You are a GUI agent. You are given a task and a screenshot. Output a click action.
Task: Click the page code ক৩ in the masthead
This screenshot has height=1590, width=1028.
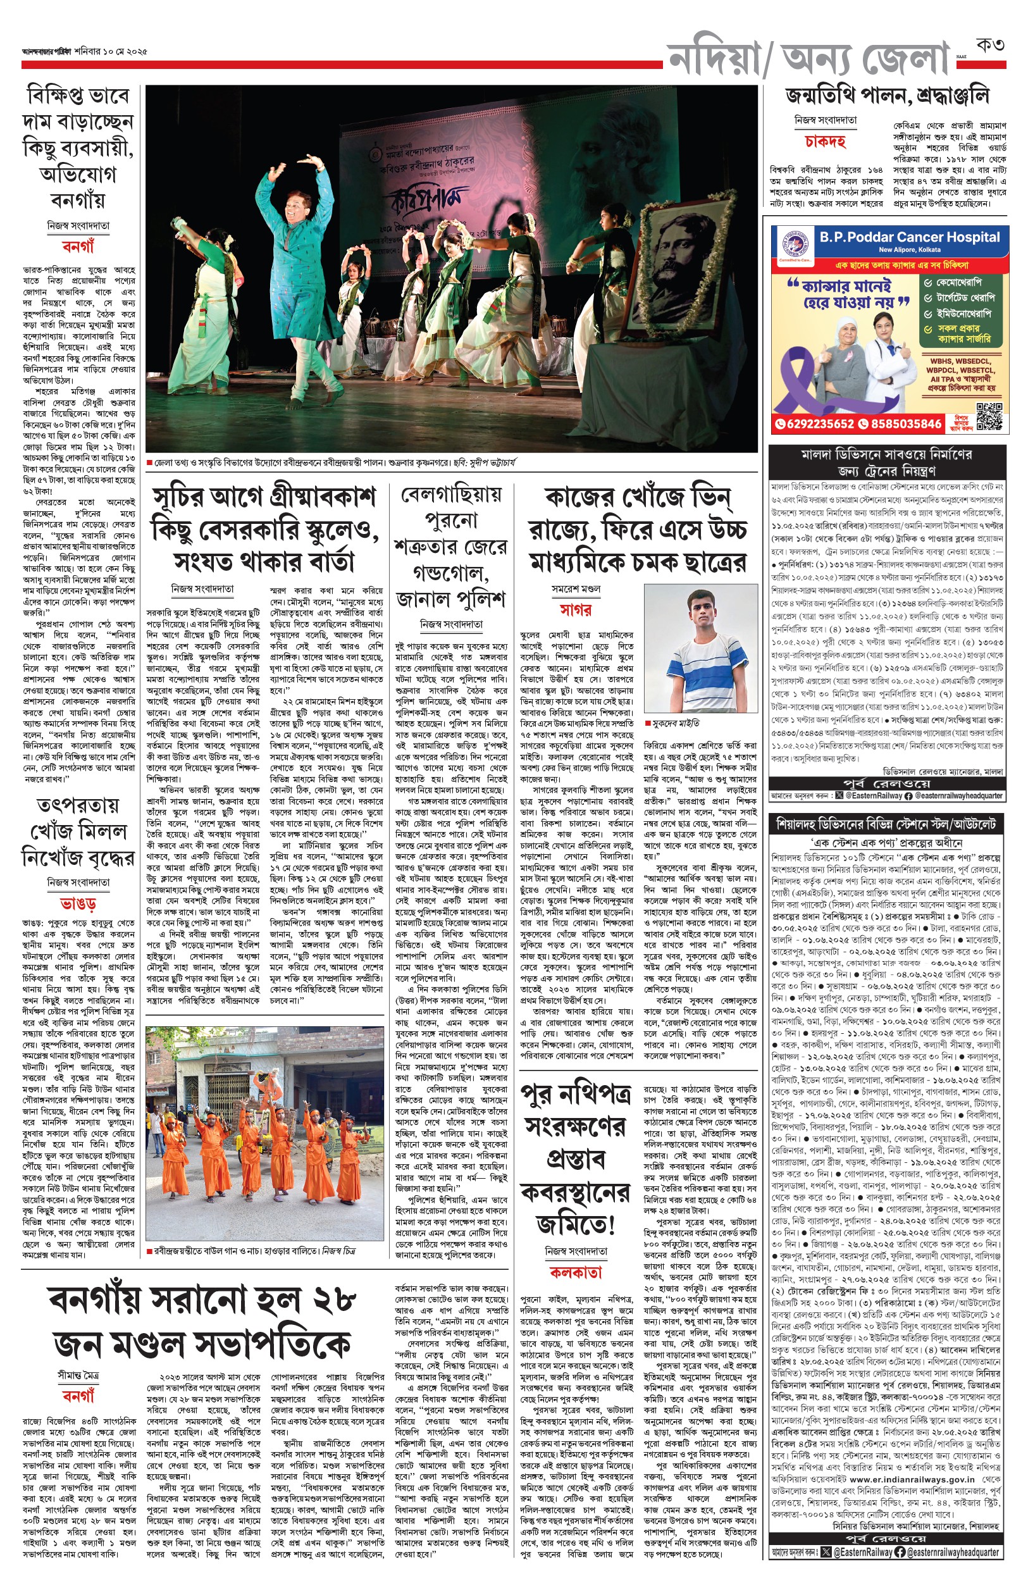(x=990, y=46)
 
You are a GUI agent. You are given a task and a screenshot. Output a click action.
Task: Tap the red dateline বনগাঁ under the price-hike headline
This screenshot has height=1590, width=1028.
(x=78, y=246)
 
